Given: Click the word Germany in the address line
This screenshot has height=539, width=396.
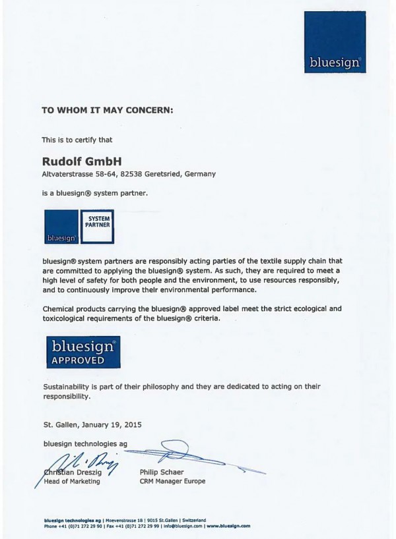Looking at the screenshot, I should click(197, 173).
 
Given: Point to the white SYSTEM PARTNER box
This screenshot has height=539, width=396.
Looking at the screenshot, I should click(97, 221).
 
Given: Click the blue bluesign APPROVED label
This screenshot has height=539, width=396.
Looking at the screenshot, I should click(82, 352).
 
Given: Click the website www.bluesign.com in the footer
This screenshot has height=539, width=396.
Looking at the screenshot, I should click(228, 526).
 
